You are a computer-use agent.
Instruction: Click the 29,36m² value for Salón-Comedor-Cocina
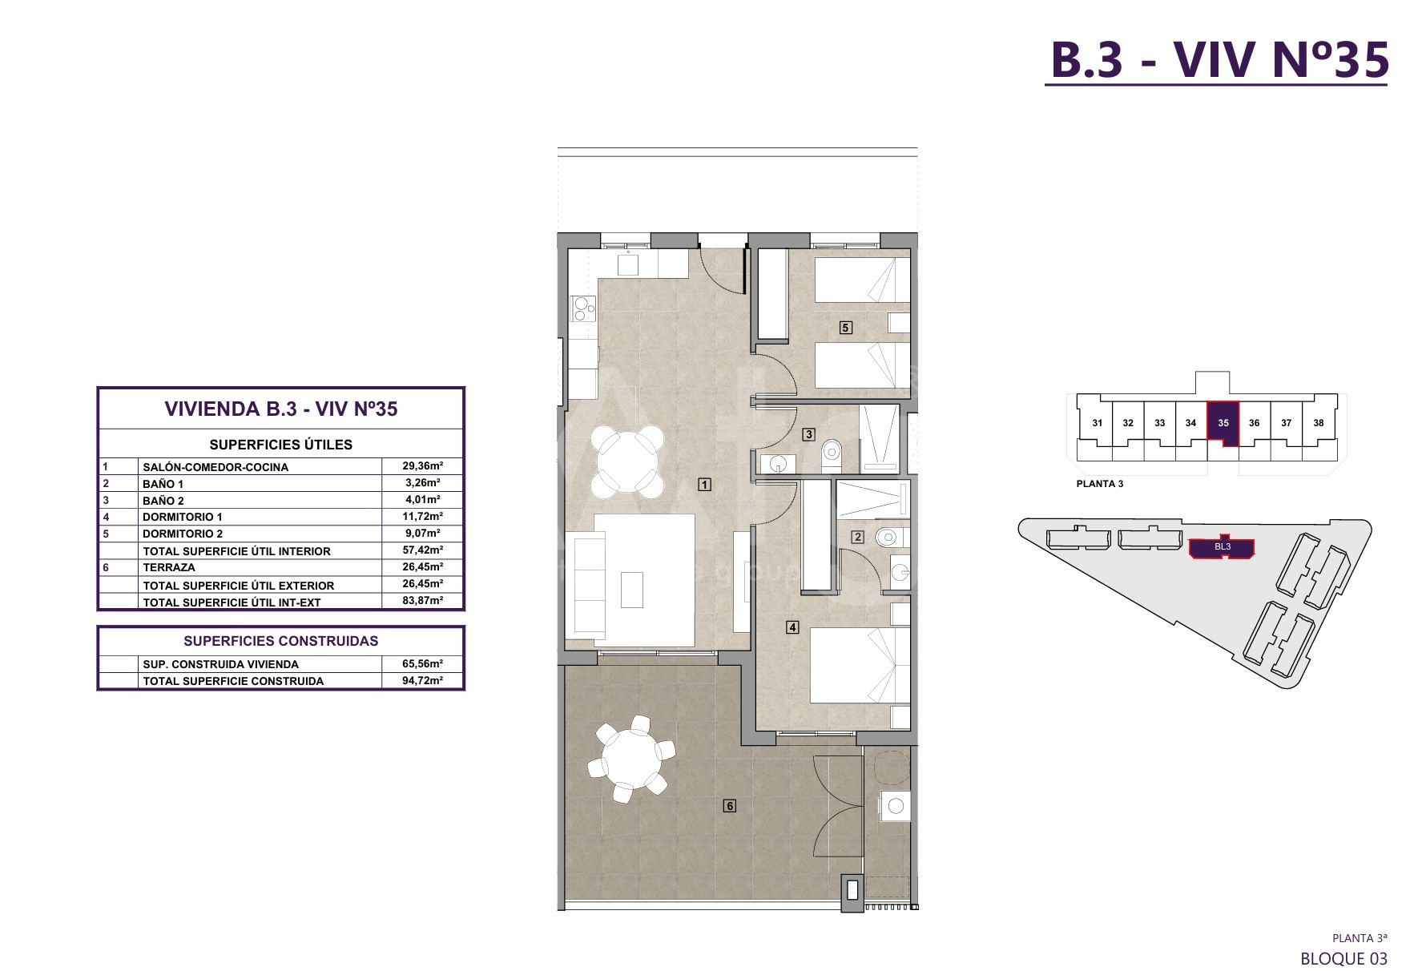(x=422, y=465)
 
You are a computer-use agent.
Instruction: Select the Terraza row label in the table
(x=169, y=567)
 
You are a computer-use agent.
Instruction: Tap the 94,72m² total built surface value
(x=422, y=680)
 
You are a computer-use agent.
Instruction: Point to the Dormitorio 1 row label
(x=183, y=517)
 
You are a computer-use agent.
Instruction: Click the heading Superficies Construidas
(x=280, y=641)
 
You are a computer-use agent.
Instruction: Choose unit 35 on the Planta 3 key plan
(x=1223, y=423)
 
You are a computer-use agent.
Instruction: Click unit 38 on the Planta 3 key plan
(x=1319, y=423)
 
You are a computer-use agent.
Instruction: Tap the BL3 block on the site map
(x=1223, y=547)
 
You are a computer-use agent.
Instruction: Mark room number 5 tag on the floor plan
(x=845, y=327)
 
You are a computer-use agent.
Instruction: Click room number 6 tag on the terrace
(x=730, y=806)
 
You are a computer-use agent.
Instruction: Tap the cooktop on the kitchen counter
(x=583, y=308)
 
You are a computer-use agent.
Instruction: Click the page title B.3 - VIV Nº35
(x=1219, y=59)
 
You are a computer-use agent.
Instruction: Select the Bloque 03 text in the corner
(x=1343, y=958)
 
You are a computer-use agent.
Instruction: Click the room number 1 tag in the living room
(x=704, y=484)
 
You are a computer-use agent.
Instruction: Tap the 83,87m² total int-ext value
(x=422, y=601)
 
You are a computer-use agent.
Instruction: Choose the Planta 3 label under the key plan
(x=1100, y=484)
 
